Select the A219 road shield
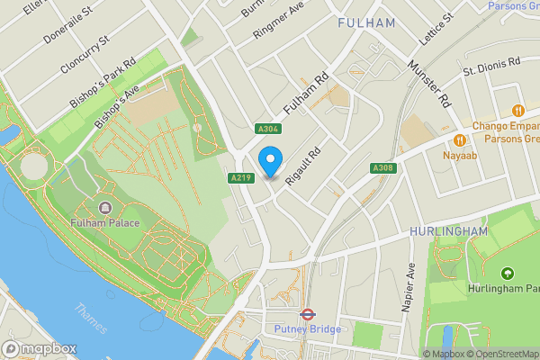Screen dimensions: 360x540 pyautogui.click(x=239, y=178)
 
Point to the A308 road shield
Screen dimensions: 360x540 pyautogui.click(x=382, y=168)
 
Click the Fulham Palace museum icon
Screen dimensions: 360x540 pyautogui.click(x=105, y=208)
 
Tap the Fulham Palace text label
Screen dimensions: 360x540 pyautogui.click(x=105, y=222)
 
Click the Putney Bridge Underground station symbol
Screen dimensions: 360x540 pyautogui.click(x=307, y=315)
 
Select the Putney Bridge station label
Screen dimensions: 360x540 pyautogui.click(x=307, y=330)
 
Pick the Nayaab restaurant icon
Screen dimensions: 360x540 pyautogui.click(x=460, y=139)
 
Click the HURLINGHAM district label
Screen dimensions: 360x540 pyautogui.click(x=447, y=231)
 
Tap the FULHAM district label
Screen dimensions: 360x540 pyautogui.click(x=366, y=23)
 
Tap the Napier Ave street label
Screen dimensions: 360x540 pyautogui.click(x=409, y=287)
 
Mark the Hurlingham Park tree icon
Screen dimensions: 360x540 pyautogui.click(x=507, y=273)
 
